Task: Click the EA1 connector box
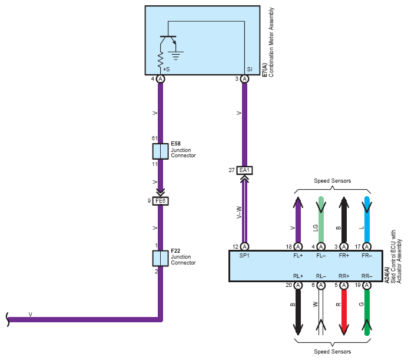pyautogui.click(x=244, y=170)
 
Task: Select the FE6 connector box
pyautogui.click(x=160, y=201)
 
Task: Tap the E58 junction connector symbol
pyautogui.click(x=160, y=151)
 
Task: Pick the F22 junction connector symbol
pyautogui.click(x=160, y=259)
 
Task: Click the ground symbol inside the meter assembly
pyautogui.click(x=176, y=55)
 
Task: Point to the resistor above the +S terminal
pyautogui.click(x=161, y=60)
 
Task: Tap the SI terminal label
pyautogui.click(x=250, y=70)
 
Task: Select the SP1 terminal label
pyautogui.click(x=244, y=256)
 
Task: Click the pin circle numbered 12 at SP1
pyautogui.click(x=244, y=246)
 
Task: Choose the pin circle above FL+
pyautogui.click(x=298, y=246)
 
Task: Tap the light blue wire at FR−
pyautogui.click(x=367, y=219)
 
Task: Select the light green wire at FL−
pyautogui.click(x=321, y=219)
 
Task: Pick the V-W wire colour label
pyautogui.click(x=239, y=212)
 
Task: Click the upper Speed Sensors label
pyautogui.click(x=332, y=181)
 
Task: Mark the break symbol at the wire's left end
pyautogui.click(x=8, y=319)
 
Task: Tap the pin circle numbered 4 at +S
pyautogui.click(x=161, y=79)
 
